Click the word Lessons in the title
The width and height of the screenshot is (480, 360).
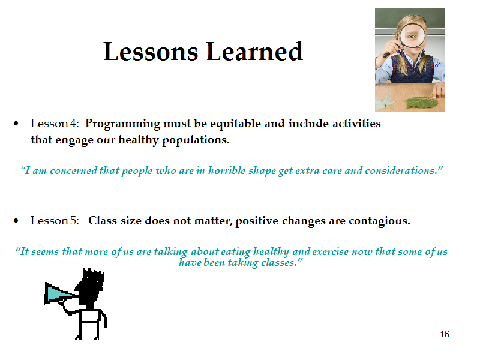tap(151, 52)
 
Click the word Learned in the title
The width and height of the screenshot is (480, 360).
tap(254, 51)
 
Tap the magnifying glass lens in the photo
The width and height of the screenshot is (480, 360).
tap(412, 35)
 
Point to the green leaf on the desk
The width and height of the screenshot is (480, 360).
tap(422, 103)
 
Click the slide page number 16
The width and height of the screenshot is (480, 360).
tap(445, 334)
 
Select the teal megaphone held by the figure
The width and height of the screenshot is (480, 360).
tap(59, 293)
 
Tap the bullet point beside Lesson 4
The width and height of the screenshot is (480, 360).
tap(16, 124)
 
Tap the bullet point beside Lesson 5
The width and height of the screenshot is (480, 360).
tap(16, 221)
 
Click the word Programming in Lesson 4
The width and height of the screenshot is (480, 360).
tap(122, 124)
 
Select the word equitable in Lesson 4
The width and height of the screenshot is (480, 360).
tap(235, 124)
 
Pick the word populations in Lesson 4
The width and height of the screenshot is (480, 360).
tap(196, 140)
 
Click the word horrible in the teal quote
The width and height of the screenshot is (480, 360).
tap(227, 170)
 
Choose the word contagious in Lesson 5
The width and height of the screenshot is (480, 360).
tap(379, 221)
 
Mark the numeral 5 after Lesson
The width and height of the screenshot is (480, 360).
tap(73, 221)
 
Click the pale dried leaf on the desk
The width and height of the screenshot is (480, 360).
tap(385, 103)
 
